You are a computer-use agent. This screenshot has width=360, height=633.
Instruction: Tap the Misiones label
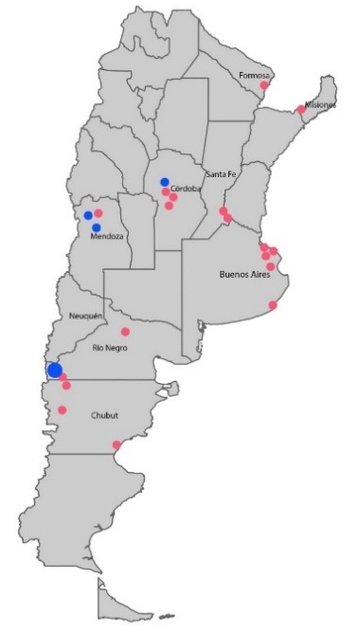[319, 104]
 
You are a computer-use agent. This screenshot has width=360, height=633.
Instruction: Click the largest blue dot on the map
[55, 370]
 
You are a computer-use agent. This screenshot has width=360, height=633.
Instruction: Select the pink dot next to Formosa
[265, 86]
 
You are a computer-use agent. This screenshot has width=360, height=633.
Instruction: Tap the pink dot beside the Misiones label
[301, 109]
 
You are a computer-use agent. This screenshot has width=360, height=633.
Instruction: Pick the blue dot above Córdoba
[165, 182]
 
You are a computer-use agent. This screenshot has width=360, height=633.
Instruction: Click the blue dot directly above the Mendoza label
[97, 227]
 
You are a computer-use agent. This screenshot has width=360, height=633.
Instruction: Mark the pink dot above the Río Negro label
[125, 332]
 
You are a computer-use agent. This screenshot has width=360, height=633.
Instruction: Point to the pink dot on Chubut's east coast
[117, 444]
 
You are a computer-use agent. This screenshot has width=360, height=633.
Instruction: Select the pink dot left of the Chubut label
[63, 410]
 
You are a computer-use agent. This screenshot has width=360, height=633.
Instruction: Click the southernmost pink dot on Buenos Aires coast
[273, 305]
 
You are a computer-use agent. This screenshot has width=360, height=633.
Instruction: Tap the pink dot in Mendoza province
[99, 213]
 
